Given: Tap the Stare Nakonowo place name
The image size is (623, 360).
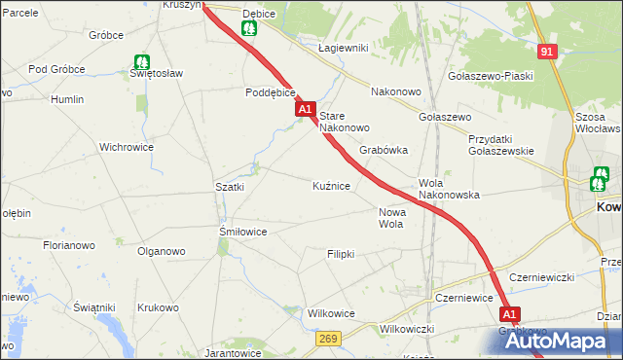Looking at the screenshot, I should [x=345, y=122].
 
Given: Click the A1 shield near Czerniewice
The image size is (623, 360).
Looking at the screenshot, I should [x=511, y=314].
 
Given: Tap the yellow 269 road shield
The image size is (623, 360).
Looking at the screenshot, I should [x=327, y=338].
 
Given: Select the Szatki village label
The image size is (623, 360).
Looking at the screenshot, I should [x=229, y=186].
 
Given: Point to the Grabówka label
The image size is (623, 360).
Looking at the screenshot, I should [x=383, y=151].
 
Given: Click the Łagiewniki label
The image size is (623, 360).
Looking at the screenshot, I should [x=342, y=48].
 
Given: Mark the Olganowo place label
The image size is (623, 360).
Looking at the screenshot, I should [x=161, y=251].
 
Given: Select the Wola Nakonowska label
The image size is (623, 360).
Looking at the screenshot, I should [x=449, y=189].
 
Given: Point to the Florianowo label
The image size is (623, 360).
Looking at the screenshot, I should [x=68, y=246].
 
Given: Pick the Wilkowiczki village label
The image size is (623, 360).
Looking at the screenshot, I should [x=407, y=329].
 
